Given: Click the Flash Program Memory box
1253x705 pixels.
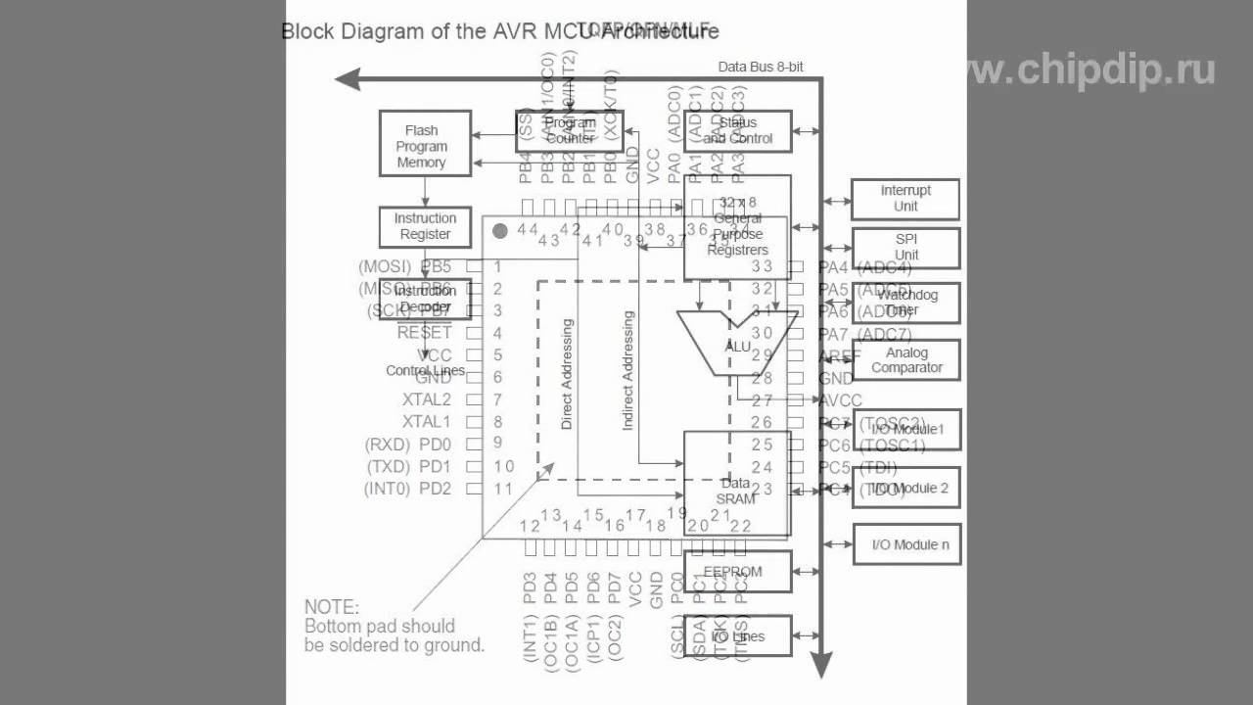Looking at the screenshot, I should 425,144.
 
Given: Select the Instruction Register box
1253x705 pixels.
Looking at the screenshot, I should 425,226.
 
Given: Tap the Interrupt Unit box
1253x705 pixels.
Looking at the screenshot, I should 905,199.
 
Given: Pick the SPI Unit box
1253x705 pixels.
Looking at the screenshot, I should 905,248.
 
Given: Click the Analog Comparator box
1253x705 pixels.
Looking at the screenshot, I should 906,360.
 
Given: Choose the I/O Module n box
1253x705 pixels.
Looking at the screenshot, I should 905,544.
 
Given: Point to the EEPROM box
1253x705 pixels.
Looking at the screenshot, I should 737,572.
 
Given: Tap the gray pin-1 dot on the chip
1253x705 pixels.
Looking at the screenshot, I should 500,231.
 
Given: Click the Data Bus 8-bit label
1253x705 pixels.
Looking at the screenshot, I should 761,67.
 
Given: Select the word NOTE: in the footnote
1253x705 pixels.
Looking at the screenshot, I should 332,607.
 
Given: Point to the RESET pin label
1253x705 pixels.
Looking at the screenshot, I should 424,333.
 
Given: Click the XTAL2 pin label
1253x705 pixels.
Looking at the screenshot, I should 427,399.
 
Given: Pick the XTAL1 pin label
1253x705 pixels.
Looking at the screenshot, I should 427,422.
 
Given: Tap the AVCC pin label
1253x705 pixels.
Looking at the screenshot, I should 840,399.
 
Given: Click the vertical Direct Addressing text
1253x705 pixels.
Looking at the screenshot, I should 567,374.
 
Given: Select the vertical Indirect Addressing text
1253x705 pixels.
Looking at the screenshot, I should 628,370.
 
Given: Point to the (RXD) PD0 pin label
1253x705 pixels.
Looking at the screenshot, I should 408,445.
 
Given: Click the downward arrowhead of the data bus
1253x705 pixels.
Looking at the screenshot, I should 821,669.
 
